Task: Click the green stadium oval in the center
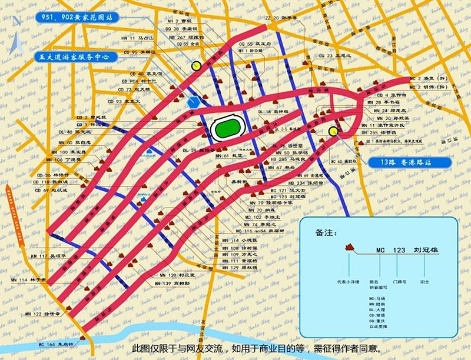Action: [226, 129]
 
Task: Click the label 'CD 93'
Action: [115, 101]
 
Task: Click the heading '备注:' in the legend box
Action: [327, 232]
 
